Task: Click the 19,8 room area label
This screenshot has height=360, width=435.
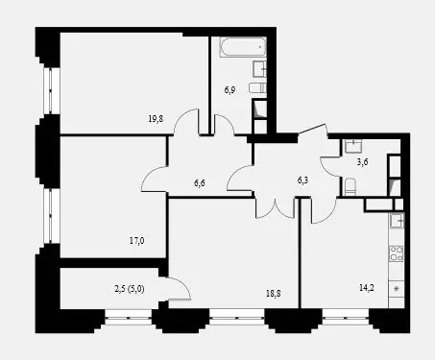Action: [156, 119]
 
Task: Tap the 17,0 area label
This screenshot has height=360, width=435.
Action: [136, 240]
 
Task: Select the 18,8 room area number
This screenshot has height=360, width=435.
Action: [274, 294]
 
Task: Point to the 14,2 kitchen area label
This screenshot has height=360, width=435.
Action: [367, 288]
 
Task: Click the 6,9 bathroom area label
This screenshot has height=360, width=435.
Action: [230, 90]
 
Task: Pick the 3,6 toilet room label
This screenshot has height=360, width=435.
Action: [362, 162]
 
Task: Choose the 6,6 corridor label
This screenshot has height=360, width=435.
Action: [200, 183]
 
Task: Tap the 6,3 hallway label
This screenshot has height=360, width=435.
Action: [302, 180]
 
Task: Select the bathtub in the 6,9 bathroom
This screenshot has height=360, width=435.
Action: [243, 47]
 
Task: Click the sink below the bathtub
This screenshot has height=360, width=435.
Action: [259, 69]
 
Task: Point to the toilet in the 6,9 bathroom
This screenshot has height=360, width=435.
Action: [257, 88]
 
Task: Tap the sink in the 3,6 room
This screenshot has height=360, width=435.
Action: [353, 146]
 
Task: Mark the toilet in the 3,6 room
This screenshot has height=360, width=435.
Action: [350, 186]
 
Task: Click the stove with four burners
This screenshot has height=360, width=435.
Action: [397, 253]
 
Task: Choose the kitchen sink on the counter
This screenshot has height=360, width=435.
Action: [397, 221]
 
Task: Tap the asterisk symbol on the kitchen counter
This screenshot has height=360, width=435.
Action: [397, 289]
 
